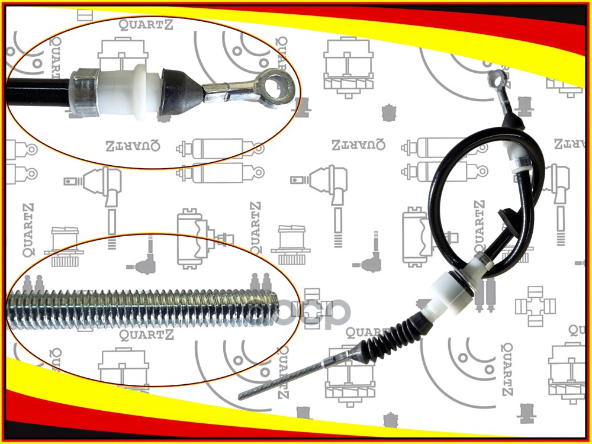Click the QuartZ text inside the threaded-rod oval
tap(146, 336)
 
